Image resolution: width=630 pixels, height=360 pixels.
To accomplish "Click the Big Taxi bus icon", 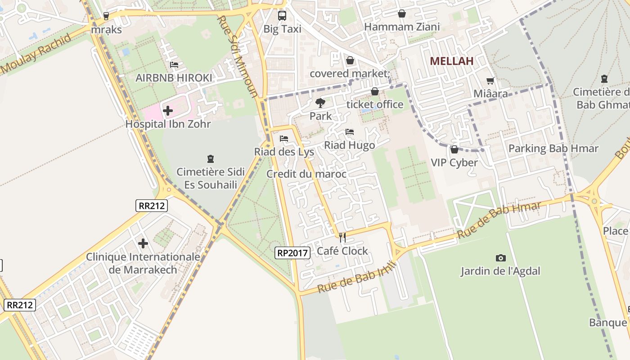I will (x=282, y=16).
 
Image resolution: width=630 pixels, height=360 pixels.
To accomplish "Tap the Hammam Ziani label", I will (x=402, y=27).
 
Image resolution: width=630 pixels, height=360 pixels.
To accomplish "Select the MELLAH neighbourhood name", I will (x=451, y=61).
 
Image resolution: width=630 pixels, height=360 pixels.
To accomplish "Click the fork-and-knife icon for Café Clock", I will (x=342, y=237).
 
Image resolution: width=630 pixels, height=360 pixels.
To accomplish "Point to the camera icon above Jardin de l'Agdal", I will (x=500, y=258).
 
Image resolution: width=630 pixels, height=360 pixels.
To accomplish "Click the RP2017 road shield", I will (x=292, y=253).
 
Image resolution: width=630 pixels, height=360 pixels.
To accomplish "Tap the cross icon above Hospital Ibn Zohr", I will (x=168, y=110).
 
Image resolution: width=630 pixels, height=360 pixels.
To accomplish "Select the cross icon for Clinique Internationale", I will (x=143, y=243).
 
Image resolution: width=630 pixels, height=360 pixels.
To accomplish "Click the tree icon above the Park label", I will (x=320, y=103).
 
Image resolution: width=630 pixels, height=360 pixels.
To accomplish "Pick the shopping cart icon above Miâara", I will (x=490, y=81).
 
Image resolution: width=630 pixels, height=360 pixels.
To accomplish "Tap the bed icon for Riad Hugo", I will (x=349, y=132).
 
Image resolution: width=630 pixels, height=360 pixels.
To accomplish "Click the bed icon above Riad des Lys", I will (x=283, y=138).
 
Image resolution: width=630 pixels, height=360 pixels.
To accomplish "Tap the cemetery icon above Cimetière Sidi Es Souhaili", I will (x=210, y=158).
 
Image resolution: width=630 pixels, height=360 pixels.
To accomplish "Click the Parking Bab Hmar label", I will (x=553, y=148).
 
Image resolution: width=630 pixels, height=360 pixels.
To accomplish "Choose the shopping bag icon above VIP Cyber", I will (x=454, y=149).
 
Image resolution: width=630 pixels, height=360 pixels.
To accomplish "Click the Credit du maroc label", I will (x=306, y=174).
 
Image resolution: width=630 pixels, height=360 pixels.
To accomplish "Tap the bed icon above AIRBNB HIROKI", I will (x=174, y=65).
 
